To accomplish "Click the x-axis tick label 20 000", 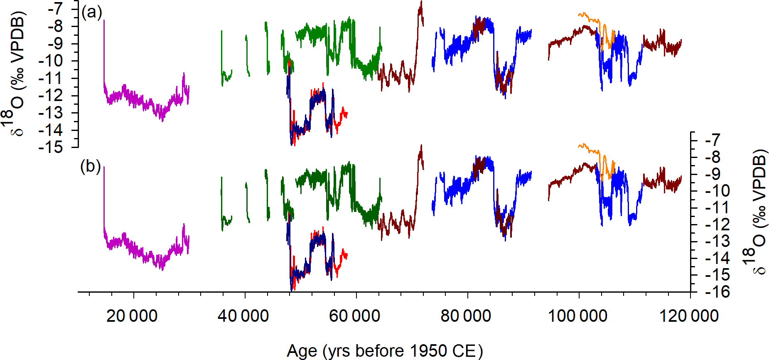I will point(132,316).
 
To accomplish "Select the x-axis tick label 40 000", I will point(243,316).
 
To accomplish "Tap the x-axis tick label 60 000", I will point(354,316).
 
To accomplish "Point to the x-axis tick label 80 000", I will point(466,316).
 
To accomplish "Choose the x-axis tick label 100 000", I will point(577,316).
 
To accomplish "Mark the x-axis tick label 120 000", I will point(689,316).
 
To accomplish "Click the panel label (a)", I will point(91,12).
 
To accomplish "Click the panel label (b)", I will point(90,166).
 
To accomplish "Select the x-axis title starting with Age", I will point(385,351).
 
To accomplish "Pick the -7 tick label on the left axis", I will point(55,9).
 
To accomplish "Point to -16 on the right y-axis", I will point(717,292).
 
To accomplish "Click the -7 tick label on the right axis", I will point(714,140).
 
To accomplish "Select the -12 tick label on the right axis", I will point(717,225).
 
